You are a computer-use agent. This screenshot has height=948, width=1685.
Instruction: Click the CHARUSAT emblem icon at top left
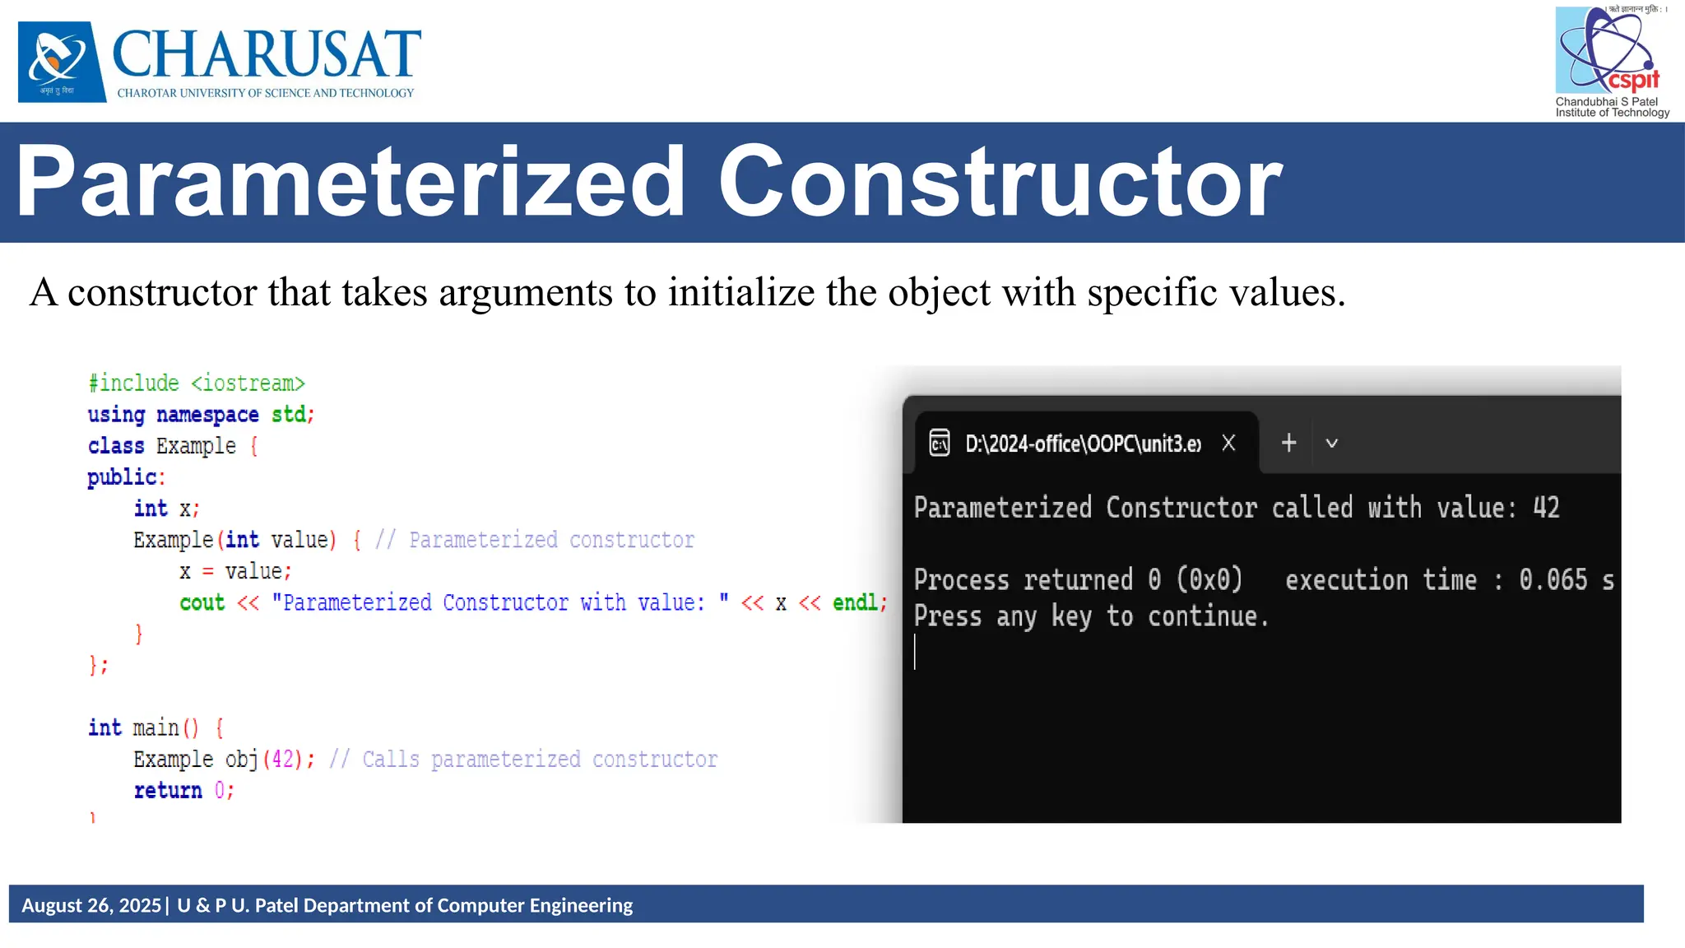click(62, 62)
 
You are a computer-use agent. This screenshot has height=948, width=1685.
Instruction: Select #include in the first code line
click(133, 383)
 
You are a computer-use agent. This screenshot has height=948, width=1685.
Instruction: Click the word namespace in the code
click(207, 415)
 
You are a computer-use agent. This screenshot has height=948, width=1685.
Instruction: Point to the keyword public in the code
click(122, 477)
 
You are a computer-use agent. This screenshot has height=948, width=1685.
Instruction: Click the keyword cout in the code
click(202, 603)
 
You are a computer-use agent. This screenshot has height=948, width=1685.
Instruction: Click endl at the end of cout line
click(855, 603)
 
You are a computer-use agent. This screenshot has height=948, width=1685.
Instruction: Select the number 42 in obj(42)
click(282, 759)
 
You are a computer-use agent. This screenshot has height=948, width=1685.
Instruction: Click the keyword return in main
click(168, 791)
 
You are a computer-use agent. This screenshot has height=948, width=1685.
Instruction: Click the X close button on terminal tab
click(1228, 444)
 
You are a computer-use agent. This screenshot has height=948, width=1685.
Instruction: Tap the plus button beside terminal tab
click(1288, 444)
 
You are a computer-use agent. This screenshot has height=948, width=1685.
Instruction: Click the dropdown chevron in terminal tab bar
click(1331, 444)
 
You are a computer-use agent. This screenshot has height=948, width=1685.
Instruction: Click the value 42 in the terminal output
click(1546, 508)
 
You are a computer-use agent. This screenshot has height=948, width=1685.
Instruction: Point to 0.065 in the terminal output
click(1553, 580)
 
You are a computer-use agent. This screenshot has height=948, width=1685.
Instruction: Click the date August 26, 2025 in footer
click(91, 905)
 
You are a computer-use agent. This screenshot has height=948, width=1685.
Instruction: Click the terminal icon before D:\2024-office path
click(939, 444)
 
